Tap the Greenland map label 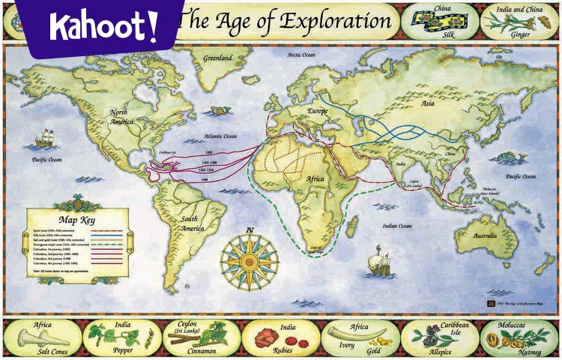pos(212,57)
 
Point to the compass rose pos(250,259)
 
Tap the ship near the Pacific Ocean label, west pos(46,138)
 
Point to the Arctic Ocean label pos(303,55)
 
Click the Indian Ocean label pos(397,225)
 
